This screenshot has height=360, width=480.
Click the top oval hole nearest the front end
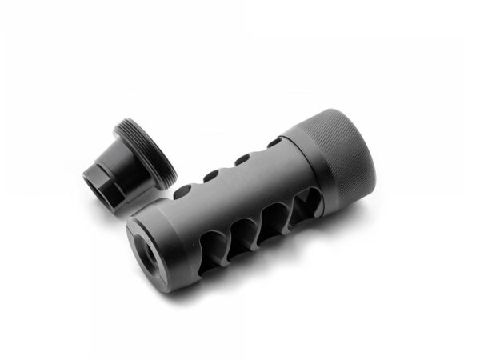(182, 190)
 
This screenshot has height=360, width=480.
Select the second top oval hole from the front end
(211, 175)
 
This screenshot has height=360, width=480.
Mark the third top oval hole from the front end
(242, 159)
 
